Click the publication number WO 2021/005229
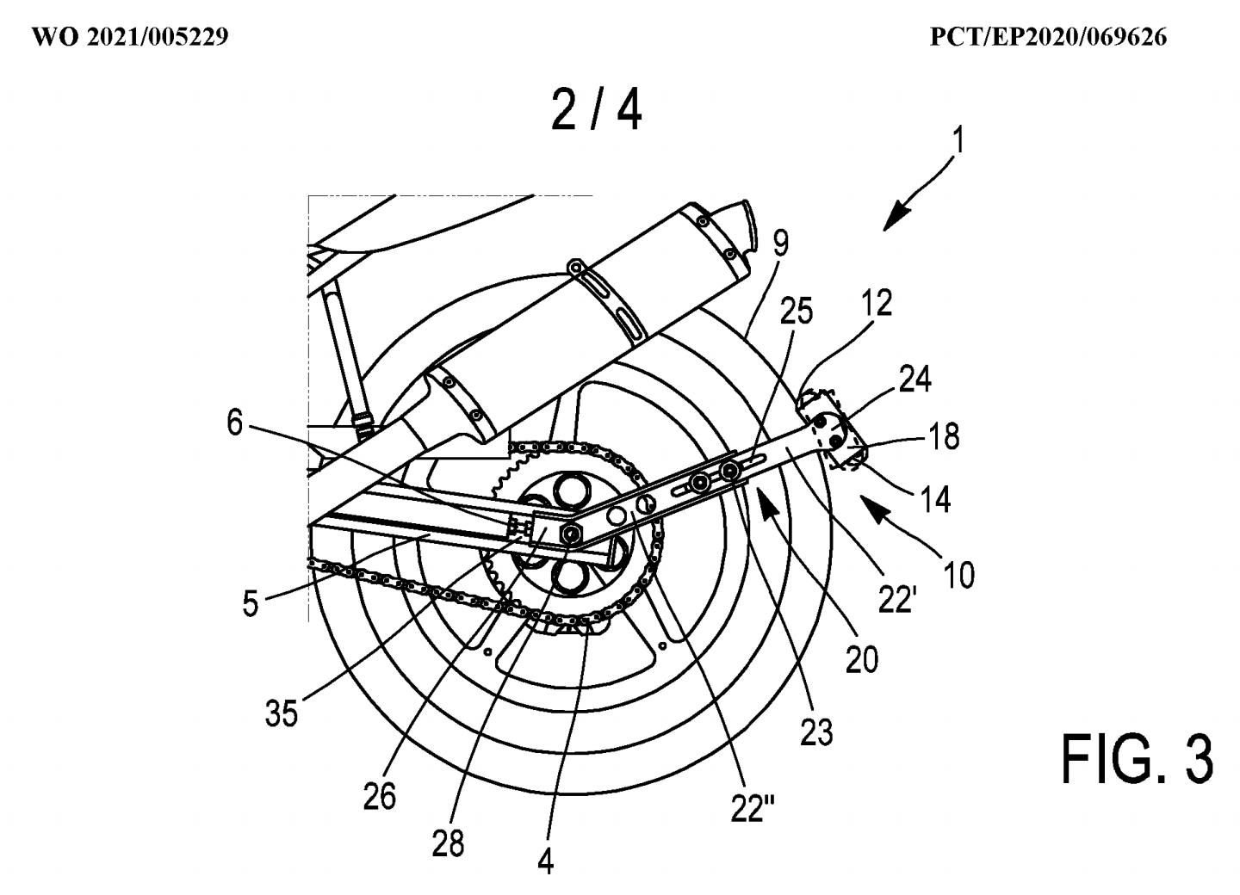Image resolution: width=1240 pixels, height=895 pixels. [x=129, y=37]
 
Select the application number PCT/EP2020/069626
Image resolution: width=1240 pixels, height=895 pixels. [x=1049, y=37]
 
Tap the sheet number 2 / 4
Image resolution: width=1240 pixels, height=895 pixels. [x=596, y=111]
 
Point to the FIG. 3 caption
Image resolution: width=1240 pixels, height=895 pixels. [x=1137, y=758]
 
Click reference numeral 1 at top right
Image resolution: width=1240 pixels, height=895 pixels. [x=959, y=139]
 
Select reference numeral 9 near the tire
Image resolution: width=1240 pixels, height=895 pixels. [x=780, y=244]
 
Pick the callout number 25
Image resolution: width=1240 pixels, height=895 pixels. [x=796, y=311]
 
